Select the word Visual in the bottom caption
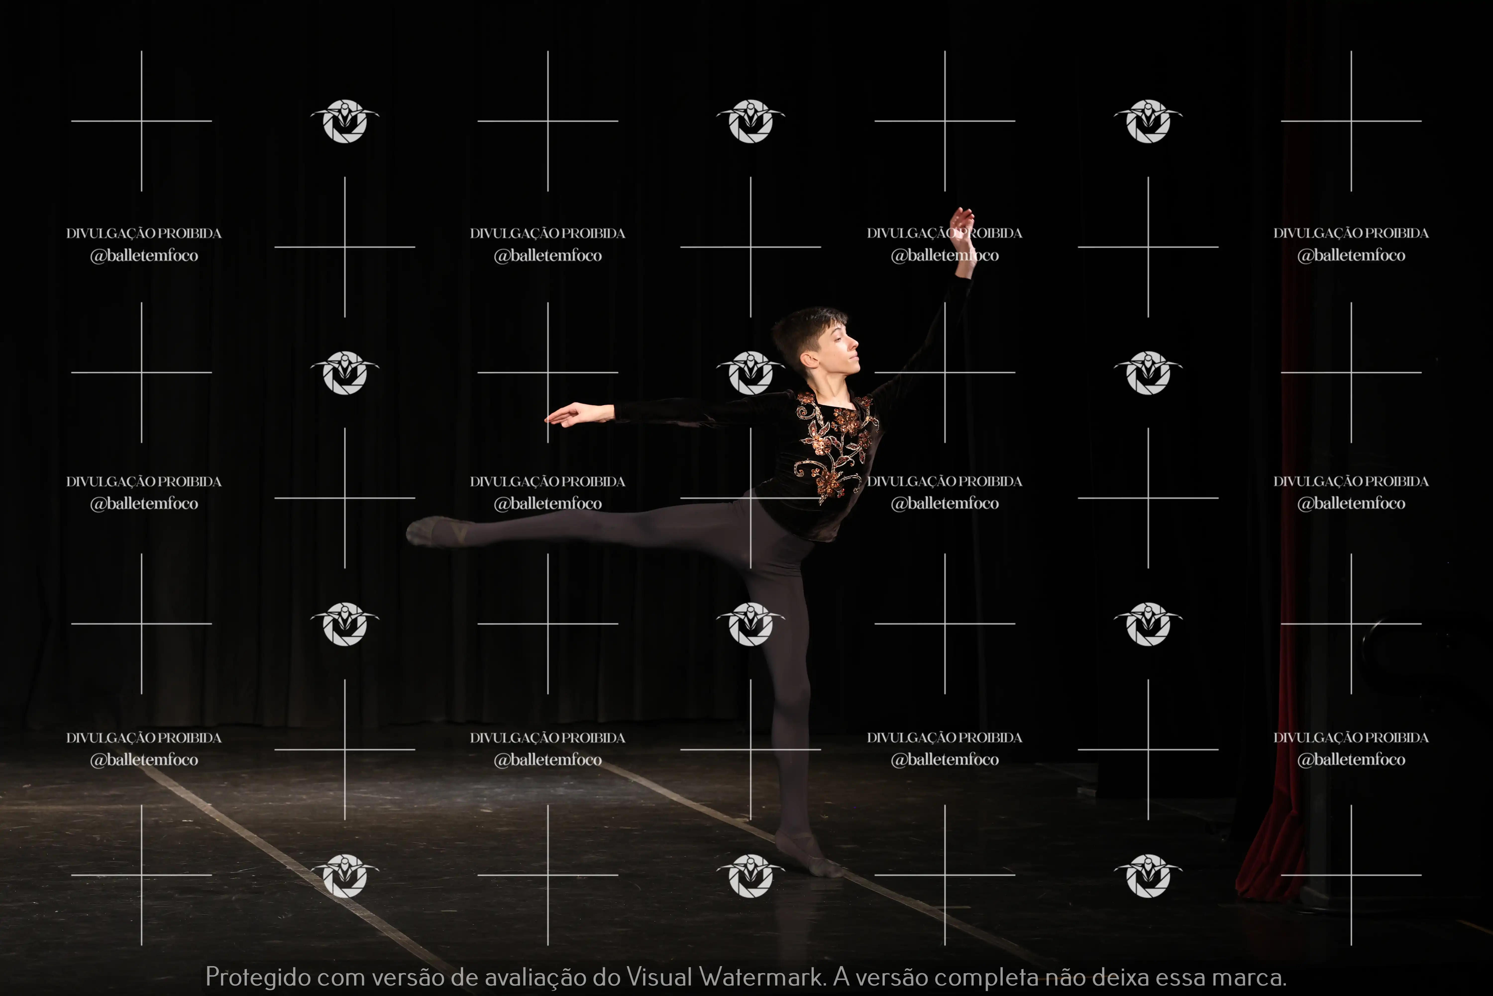(660, 976)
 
